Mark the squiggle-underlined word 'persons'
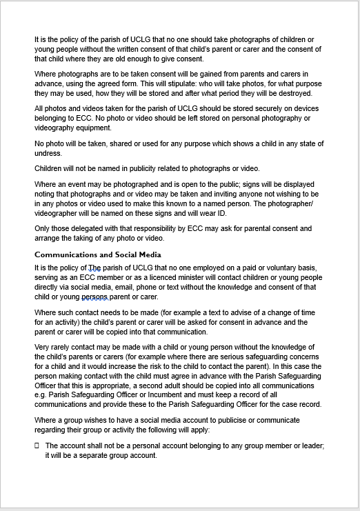point(94,297)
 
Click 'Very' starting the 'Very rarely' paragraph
point(42,347)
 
